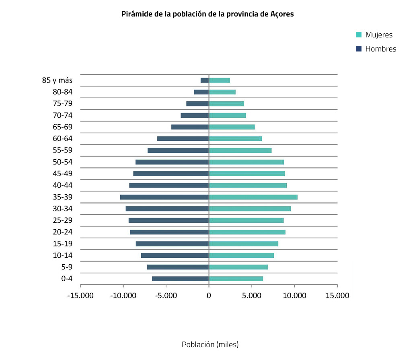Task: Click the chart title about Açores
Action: click(x=207, y=14)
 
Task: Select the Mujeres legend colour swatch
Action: click(x=359, y=35)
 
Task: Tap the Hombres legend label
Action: click(x=380, y=49)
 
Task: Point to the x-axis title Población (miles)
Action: click(x=210, y=345)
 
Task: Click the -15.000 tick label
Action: click(x=80, y=296)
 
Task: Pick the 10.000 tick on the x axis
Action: click(x=294, y=296)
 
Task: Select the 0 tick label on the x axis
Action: click(x=209, y=296)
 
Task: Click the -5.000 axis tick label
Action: click(x=166, y=296)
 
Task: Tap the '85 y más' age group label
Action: click(x=57, y=80)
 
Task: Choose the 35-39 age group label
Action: click(x=62, y=197)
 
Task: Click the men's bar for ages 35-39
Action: click(x=164, y=197)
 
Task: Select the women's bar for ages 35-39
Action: click(x=253, y=197)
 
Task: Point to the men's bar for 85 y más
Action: click(x=205, y=80)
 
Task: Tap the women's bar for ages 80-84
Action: click(x=222, y=92)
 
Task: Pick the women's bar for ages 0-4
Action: click(x=236, y=279)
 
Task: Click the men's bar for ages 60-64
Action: click(x=183, y=139)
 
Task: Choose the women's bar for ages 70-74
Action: click(x=228, y=115)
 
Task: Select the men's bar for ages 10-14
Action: click(x=175, y=255)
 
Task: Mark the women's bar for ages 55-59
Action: click(x=240, y=150)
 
